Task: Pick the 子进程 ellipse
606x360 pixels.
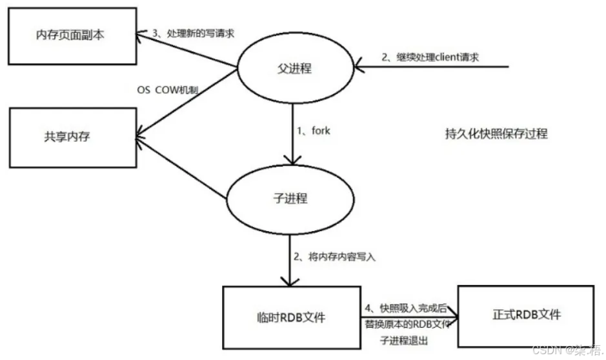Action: click(x=291, y=198)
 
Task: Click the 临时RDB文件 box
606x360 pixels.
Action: click(x=291, y=317)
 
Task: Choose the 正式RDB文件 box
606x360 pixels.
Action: click(x=525, y=315)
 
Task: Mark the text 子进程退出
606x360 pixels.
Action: click(x=405, y=340)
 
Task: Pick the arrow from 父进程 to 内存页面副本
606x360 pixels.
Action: click(x=187, y=49)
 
